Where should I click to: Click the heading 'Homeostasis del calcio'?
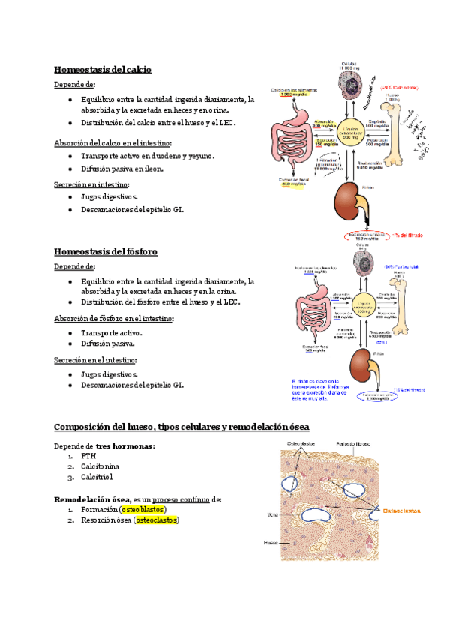tap(103, 70)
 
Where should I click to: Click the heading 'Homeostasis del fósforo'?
tap(106, 251)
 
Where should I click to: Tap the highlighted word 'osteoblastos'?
tap(142, 510)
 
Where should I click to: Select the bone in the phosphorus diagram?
tap(393, 303)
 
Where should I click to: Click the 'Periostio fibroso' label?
tap(352, 444)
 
